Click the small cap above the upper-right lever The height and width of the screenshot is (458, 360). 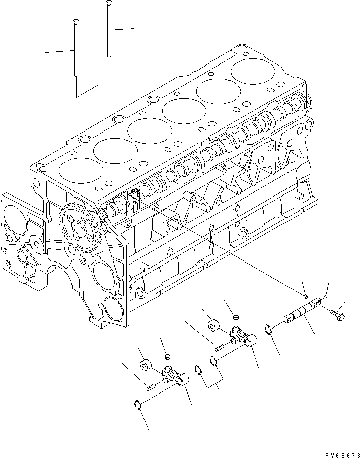click(x=235, y=318)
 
